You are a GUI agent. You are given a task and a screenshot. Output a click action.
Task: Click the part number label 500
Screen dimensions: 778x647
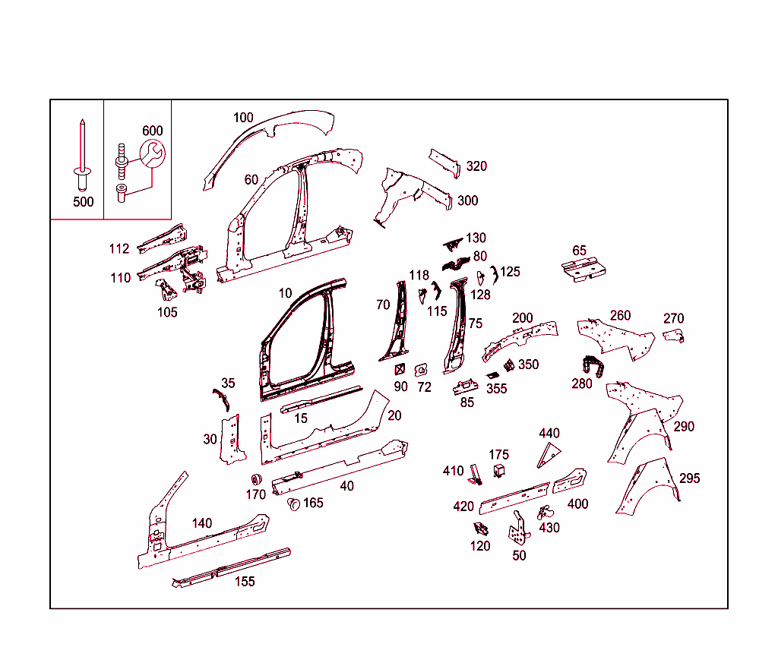coord(84,202)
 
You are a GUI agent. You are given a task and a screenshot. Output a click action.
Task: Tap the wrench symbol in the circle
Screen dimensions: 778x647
coord(152,153)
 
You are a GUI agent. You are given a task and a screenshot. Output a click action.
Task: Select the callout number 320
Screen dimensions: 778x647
coord(476,166)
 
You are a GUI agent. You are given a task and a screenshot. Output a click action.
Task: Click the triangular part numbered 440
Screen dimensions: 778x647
coord(548,456)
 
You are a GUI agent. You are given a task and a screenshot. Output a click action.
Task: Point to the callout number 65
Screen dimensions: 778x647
coord(579,251)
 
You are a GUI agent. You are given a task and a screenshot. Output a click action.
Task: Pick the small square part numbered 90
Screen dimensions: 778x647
coord(400,369)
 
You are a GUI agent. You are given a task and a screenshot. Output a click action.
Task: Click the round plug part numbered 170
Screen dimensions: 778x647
coord(257,479)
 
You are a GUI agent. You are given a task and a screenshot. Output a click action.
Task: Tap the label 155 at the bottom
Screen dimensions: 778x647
coord(245,582)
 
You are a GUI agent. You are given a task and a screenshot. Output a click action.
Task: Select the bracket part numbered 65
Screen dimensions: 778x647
coord(583,270)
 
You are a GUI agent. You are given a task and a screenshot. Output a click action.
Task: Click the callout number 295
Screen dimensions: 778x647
coord(689,478)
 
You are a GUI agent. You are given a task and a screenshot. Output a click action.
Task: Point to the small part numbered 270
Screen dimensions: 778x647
coord(674,336)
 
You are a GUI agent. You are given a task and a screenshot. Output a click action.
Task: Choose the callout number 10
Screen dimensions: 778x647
coord(285,293)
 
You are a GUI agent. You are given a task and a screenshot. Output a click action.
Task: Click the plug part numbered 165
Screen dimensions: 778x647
coord(294,504)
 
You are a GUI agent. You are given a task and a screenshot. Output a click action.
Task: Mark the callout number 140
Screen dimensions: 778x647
coord(201,523)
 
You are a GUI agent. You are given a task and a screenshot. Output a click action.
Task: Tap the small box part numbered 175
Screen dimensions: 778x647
coord(499,471)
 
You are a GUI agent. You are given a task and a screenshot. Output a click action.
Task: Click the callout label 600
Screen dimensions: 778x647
coord(152,131)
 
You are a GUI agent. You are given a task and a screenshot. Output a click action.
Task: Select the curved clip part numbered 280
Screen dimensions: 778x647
coord(593,366)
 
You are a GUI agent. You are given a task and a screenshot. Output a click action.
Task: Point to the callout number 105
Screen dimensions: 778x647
coord(167,312)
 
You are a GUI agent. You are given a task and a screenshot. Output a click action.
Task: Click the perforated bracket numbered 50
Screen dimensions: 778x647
coord(519,529)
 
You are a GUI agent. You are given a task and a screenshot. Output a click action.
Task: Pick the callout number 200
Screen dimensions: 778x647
coord(522,317)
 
